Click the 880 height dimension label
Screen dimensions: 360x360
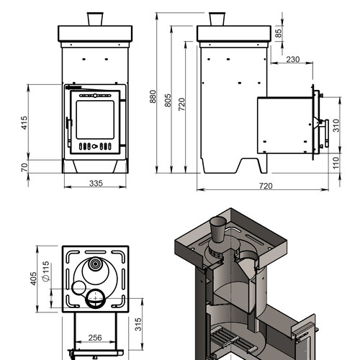pyautogui.click(x=153, y=96)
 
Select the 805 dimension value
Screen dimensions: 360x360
pyautogui.click(x=168, y=100)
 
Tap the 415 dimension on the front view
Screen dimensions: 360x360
pyautogui.click(x=24, y=123)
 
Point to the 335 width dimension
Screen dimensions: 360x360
pyautogui.click(x=96, y=184)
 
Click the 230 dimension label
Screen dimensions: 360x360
pyautogui.click(x=293, y=59)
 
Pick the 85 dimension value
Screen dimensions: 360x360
pyautogui.click(x=278, y=33)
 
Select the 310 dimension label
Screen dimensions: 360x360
pyautogui.click(x=336, y=125)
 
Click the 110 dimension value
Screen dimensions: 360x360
pyautogui.click(x=336, y=163)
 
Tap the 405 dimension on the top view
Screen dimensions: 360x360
pyautogui.click(x=34, y=279)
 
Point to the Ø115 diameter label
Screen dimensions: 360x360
pyautogui.click(x=46, y=271)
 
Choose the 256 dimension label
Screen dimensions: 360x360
pyautogui.click(x=95, y=338)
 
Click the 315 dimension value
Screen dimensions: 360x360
pyautogui.click(x=138, y=324)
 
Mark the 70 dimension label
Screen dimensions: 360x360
pyautogui.click(x=24, y=167)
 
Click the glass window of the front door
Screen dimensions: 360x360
pyautogui.click(x=95, y=120)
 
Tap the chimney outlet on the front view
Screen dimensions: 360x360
pyautogui.click(x=95, y=19)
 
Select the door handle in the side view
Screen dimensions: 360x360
pyautogui.click(x=326, y=133)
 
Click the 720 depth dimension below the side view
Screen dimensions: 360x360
pyautogui.click(x=266, y=186)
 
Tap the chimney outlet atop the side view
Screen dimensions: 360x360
pyautogui.click(x=217, y=19)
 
